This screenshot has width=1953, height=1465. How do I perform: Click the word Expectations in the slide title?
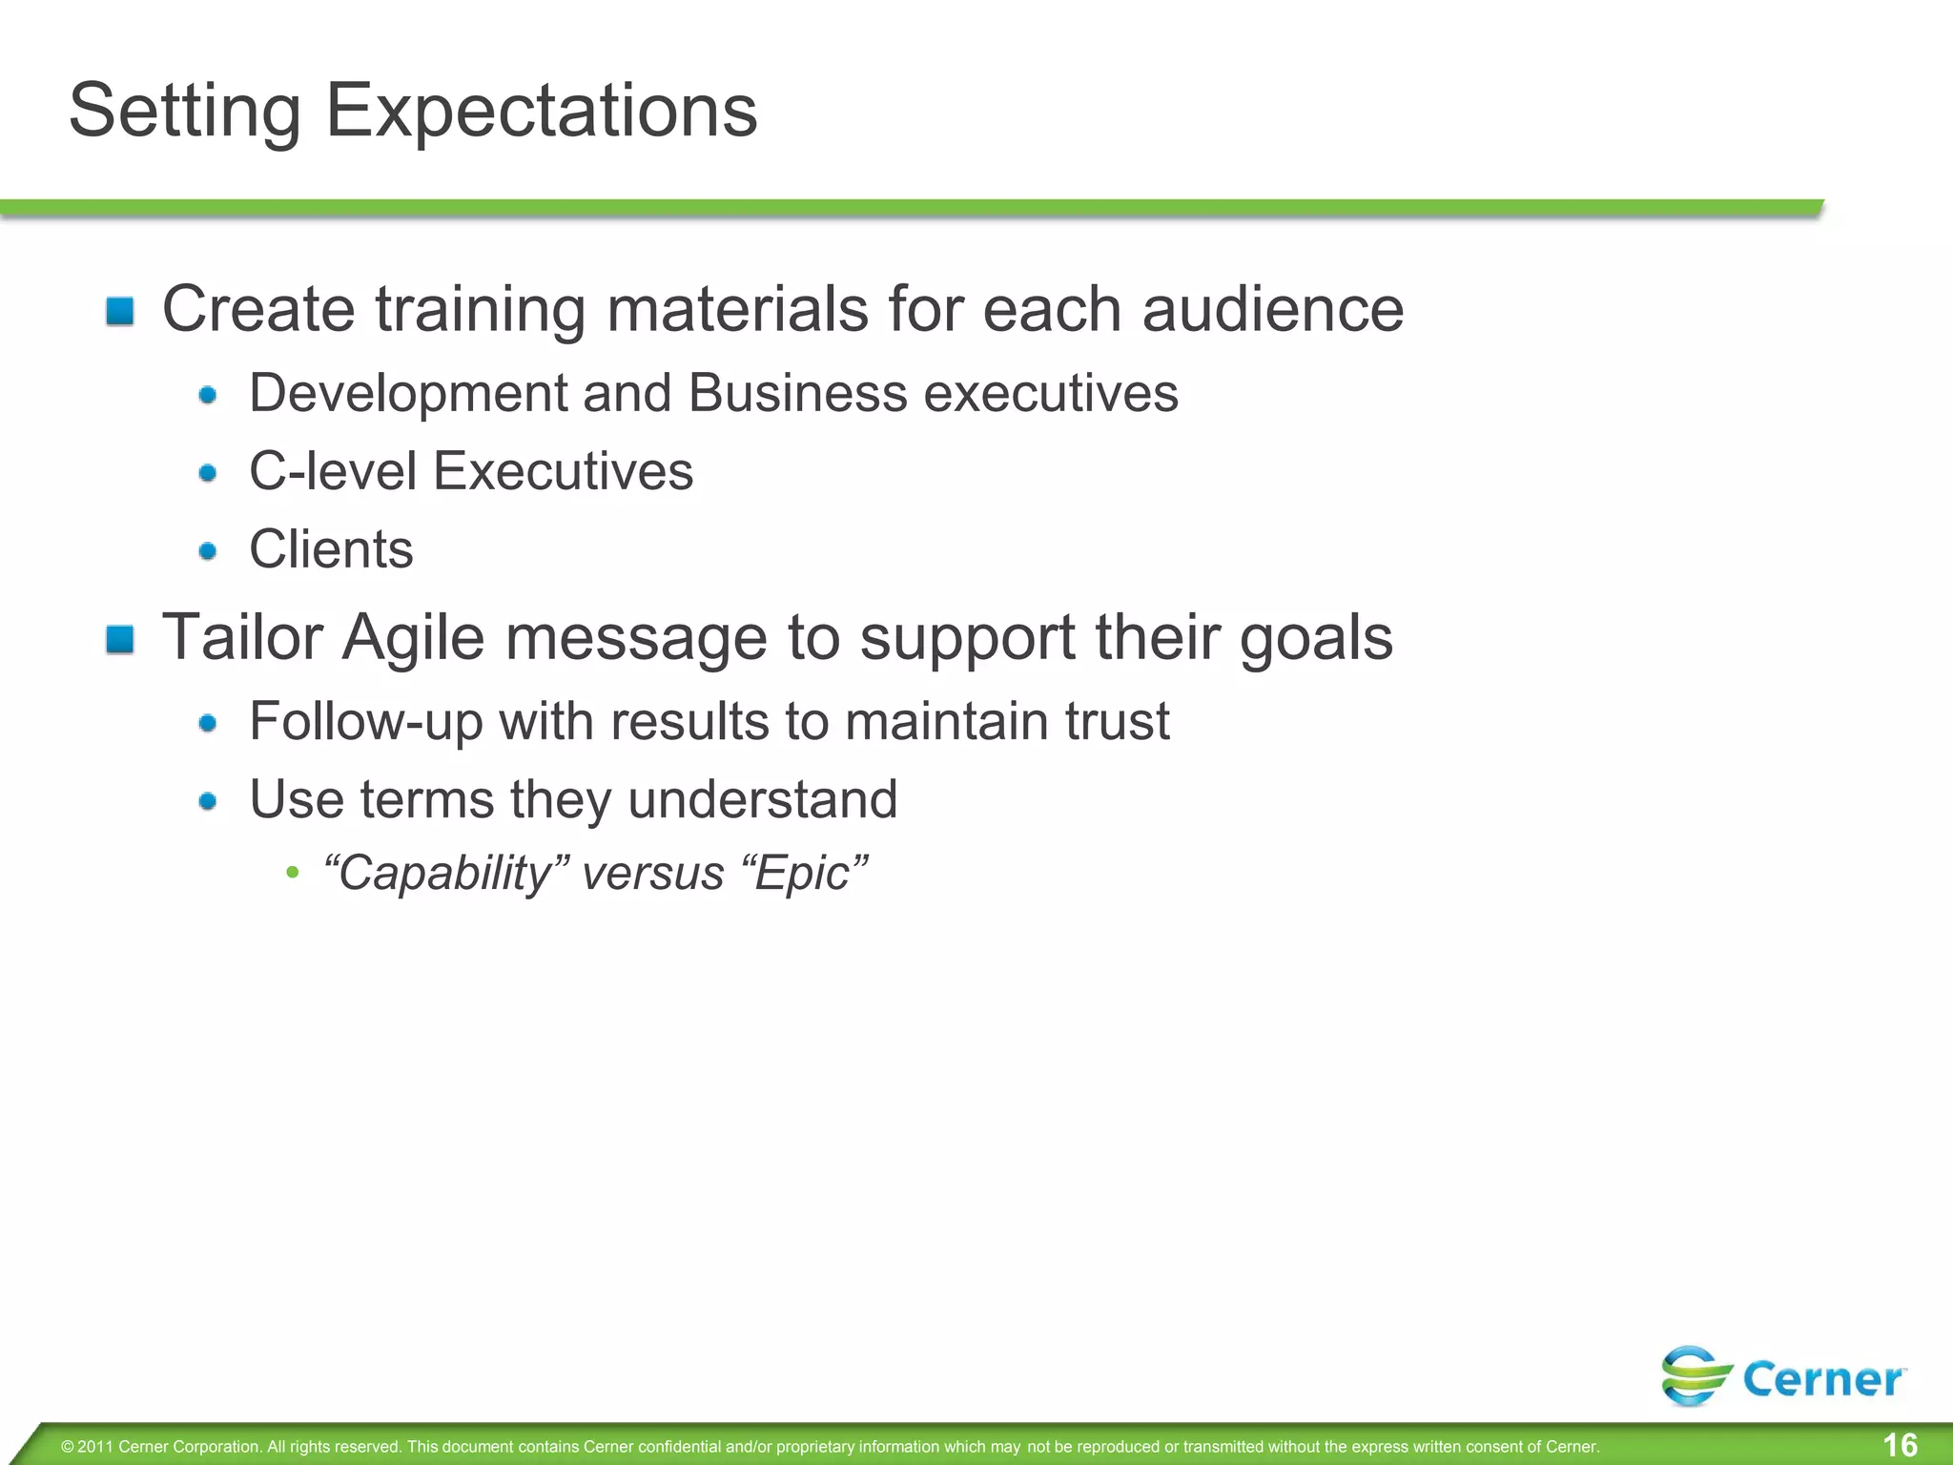coord(541,112)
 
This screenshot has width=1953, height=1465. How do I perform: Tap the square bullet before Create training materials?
coord(120,311)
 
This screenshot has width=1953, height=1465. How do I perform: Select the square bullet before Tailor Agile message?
coord(120,639)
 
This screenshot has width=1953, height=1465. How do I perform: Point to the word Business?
coord(797,393)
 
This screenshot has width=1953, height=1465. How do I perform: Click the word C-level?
coord(333,471)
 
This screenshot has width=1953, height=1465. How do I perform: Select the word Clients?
coord(331,549)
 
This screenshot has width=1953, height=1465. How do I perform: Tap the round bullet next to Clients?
coord(208,550)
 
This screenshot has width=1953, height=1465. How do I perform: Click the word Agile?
coord(413,637)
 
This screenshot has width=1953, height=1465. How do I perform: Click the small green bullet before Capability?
coord(293,873)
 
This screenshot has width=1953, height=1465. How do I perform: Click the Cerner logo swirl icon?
coord(1695,1375)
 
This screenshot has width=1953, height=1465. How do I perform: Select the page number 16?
coord(1901,1445)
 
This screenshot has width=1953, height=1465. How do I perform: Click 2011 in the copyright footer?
coord(95,1447)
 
